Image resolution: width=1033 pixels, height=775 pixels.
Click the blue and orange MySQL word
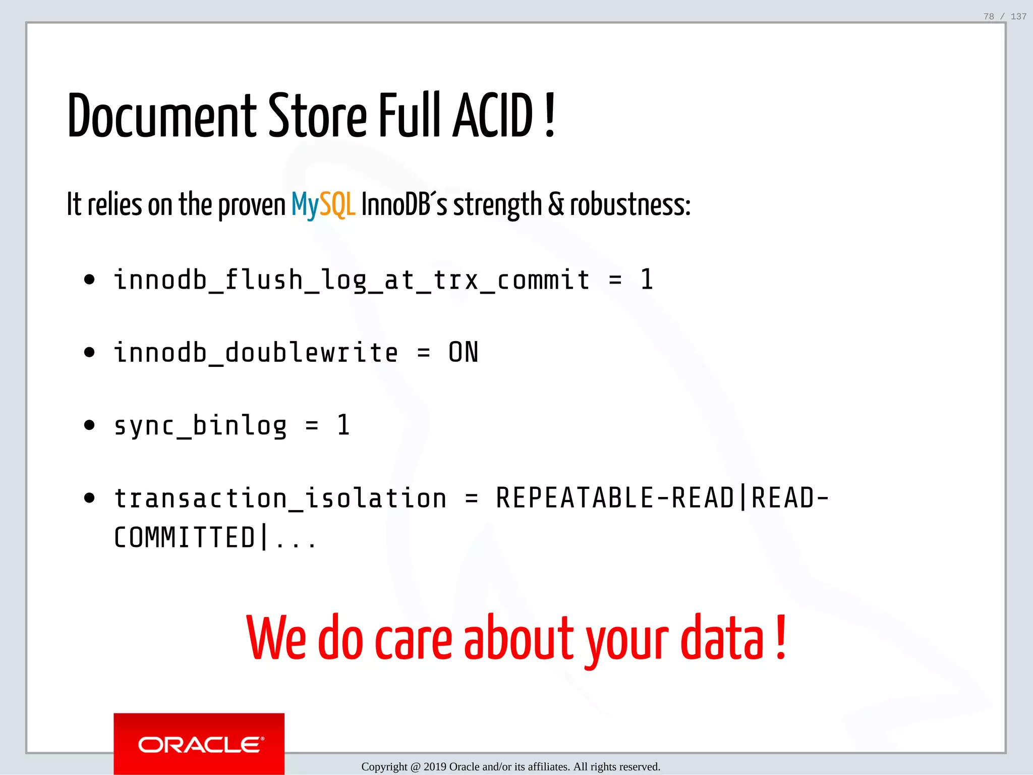coord(323,205)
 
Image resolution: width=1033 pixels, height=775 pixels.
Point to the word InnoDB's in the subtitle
coord(404,205)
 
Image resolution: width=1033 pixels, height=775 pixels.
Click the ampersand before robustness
coord(555,205)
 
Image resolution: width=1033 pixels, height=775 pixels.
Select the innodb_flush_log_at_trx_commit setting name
coord(352,280)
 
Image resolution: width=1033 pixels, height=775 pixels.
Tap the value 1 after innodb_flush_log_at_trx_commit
coord(647,280)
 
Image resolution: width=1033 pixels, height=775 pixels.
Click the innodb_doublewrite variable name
coord(256,353)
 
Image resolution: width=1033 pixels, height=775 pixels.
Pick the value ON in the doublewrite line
coord(463,353)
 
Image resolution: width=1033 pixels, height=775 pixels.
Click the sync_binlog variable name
coord(200,425)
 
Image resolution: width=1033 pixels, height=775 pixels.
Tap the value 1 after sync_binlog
coord(343,425)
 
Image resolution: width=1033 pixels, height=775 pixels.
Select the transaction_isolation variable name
coord(280,499)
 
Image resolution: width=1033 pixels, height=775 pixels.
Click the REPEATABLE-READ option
coord(614,499)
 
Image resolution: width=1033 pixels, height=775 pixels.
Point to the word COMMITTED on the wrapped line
coord(185,537)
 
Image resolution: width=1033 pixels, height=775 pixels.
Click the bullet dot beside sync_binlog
coord(89,425)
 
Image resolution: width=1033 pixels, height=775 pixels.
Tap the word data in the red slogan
coord(722,638)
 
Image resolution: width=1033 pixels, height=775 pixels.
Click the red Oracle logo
coord(199,744)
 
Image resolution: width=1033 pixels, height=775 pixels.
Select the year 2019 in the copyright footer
coord(435,767)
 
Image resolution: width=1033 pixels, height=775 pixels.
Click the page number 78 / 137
coord(1005,17)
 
